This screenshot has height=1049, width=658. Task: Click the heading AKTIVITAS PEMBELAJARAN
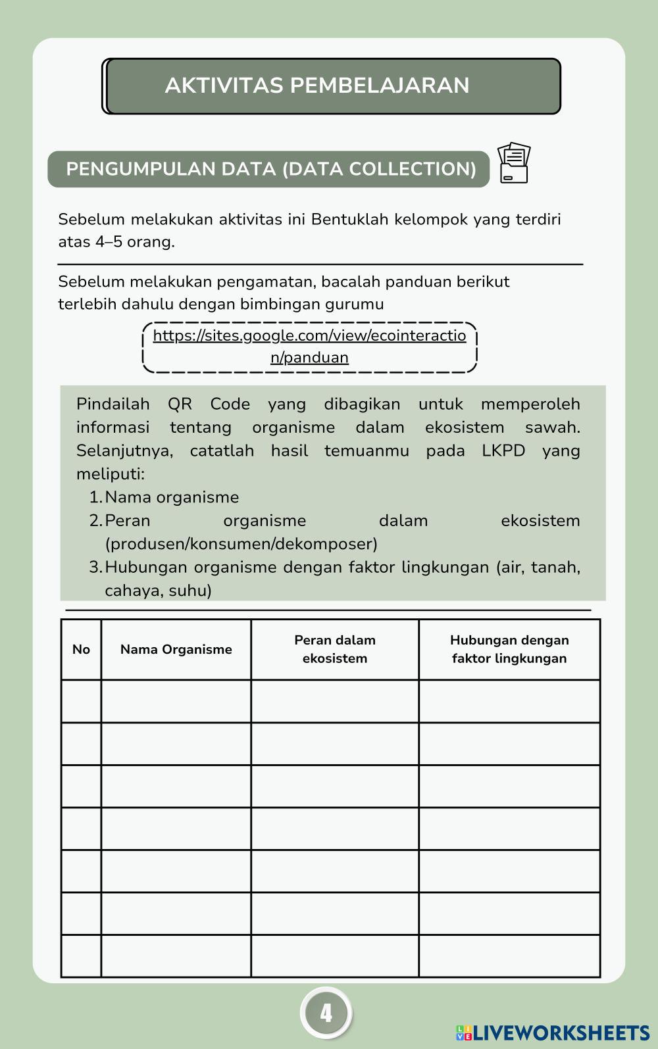point(317,85)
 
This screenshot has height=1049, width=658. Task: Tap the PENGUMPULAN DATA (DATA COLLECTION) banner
point(270,169)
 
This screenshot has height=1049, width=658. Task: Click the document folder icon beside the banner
point(514,163)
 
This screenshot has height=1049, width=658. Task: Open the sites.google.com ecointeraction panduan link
point(309,347)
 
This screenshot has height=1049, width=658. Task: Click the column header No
point(81,650)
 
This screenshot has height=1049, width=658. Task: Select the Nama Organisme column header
point(176,650)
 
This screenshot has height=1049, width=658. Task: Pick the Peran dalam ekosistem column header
point(334,649)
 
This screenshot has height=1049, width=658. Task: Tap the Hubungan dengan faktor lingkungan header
point(509,649)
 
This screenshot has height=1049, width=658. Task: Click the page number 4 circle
point(326,1013)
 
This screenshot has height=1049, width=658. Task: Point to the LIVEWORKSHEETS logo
point(553,1033)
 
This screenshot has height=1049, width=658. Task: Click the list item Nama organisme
point(171,497)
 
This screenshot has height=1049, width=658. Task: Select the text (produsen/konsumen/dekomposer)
point(241,544)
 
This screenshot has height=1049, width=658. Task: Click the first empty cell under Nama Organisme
point(176,701)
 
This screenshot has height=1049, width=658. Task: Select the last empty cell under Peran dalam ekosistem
point(334,956)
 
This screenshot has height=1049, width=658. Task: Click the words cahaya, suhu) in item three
point(158,591)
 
